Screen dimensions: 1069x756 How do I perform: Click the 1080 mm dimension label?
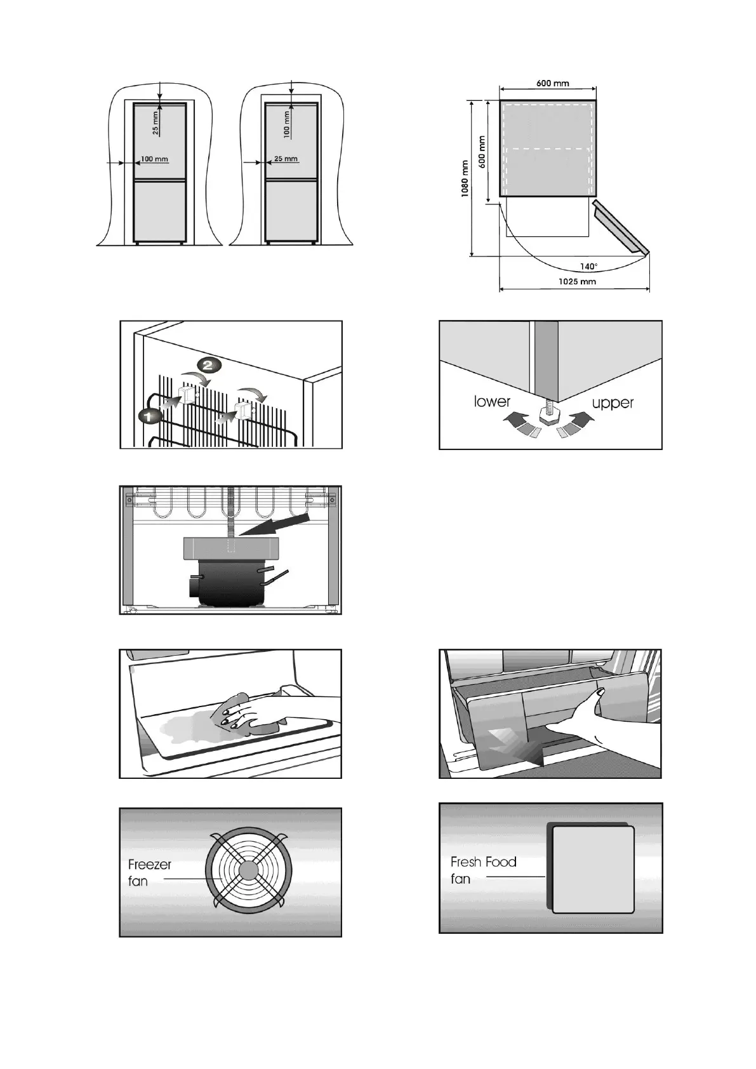click(x=465, y=178)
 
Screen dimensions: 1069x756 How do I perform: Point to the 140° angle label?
click(x=588, y=267)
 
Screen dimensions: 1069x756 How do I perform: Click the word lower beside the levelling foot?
click(x=492, y=401)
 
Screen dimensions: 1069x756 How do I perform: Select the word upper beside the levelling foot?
click(x=613, y=402)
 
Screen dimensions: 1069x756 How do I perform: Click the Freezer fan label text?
click(x=149, y=873)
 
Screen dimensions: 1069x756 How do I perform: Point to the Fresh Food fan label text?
click(x=483, y=870)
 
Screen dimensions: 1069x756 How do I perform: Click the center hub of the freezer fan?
click(x=248, y=870)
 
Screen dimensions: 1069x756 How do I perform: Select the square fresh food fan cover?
click(x=592, y=869)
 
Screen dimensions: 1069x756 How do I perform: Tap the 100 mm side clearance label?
click(x=154, y=159)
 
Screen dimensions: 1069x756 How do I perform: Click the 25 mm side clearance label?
click(x=286, y=159)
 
